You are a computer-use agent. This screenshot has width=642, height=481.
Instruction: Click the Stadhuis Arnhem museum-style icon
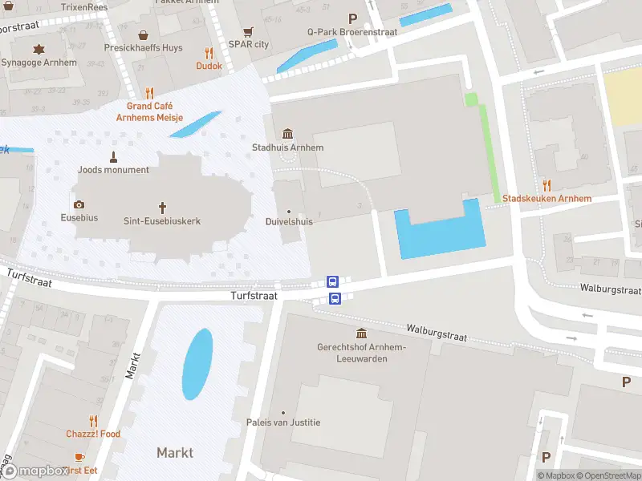[288, 133]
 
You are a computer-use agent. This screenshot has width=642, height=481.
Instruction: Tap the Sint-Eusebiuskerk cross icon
[162, 206]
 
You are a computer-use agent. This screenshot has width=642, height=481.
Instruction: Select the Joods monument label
[114, 170]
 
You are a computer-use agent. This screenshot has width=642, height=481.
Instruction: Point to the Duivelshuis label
[289, 222]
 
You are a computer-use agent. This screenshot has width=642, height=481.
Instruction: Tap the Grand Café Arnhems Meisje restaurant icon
[149, 92]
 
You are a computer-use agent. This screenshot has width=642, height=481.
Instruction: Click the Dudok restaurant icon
[209, 53]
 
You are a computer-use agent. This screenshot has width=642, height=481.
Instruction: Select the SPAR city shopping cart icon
[248, 32]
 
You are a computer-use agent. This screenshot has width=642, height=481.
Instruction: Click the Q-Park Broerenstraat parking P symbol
[351, 18]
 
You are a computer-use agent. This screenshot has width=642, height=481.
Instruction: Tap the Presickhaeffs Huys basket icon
[143, 34]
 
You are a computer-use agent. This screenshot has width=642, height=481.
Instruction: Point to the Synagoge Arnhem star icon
[39, 49]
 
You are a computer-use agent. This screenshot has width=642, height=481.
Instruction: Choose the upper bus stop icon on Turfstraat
[332, 282]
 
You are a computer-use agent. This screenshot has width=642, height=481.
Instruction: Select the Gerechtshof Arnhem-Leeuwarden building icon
[361, 333]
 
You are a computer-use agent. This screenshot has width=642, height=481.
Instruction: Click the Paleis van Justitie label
[283, 422]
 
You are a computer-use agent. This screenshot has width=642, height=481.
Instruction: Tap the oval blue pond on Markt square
[197, 363]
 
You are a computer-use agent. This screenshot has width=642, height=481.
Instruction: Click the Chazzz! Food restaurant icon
[93, 421]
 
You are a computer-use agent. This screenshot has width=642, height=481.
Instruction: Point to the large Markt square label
[175, 453]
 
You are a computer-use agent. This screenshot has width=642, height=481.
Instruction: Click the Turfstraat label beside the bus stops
[254, 296]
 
